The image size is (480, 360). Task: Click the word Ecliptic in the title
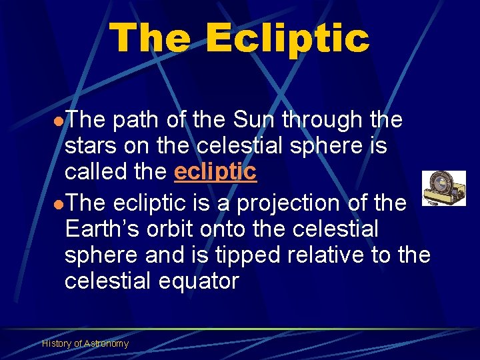pyautogui.click(x=287, y=38)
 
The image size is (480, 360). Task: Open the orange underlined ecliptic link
pyautogui.click(x=215, y=172)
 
